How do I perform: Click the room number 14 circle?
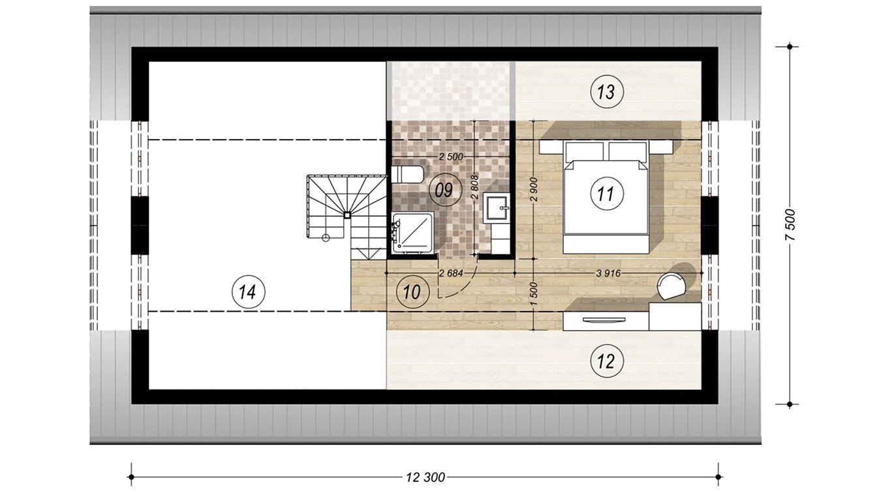pos(249,292)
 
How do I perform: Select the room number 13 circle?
pos(606,93)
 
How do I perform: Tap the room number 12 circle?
pos(606,361)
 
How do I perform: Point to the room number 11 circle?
pos(606,194)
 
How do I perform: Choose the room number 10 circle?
pos(412,292)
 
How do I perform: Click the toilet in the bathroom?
pos(407,175)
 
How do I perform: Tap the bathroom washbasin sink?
pos(497,208)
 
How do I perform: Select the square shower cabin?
pos(412,233)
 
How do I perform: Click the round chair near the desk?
pos(673,286)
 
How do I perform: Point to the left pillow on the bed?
pos(585,151)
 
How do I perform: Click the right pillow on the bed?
pos(628,151)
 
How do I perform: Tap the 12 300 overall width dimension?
pos(425,477)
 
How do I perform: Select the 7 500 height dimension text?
pos(790,225)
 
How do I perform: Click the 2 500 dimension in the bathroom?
pos(451,157)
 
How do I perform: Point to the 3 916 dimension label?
pos(608,273)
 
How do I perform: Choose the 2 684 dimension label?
pos(451,273)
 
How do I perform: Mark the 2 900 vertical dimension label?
pos(534,190)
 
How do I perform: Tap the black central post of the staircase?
pos(347,215)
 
